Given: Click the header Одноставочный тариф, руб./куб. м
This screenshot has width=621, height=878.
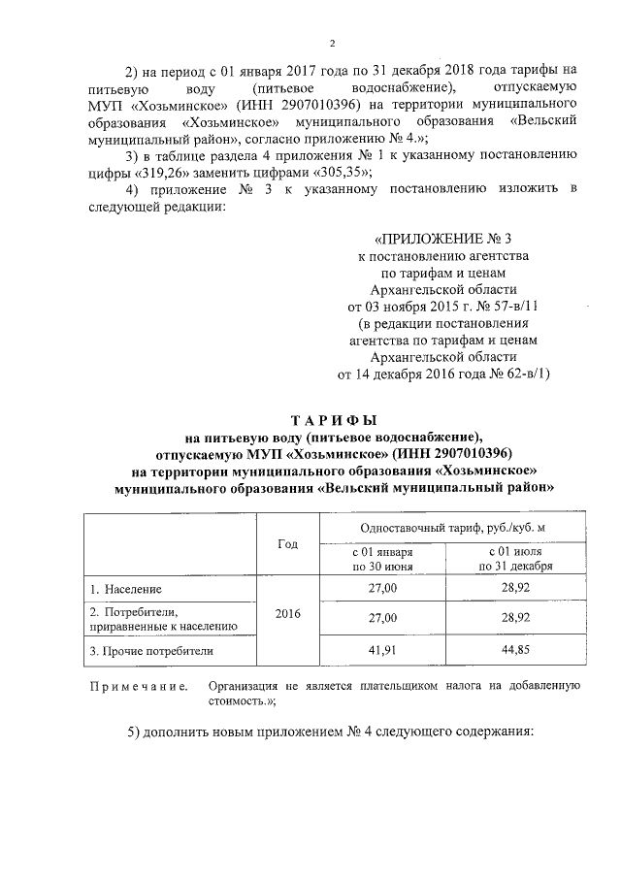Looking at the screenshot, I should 452,525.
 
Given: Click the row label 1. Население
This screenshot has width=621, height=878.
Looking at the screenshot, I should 126,588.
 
